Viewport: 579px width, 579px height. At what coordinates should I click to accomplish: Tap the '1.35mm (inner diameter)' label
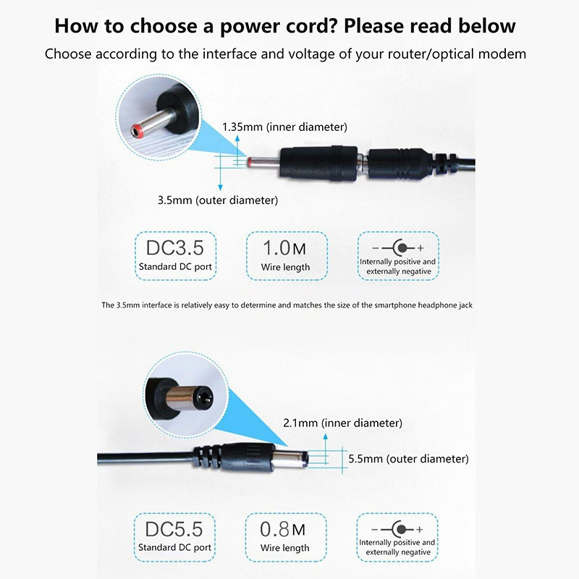284,127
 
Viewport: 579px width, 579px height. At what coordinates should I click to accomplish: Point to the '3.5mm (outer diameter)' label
218,200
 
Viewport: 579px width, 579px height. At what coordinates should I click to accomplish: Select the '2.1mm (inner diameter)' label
342,423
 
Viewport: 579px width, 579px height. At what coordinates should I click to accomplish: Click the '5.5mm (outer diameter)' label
408,459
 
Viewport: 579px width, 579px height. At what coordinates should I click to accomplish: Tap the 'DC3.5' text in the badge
175,248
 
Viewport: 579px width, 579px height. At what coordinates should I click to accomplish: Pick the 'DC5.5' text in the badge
174,529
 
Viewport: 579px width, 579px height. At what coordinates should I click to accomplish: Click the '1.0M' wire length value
284,248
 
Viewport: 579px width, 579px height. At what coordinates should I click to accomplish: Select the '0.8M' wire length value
283,529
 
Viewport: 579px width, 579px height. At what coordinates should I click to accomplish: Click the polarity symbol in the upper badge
398,248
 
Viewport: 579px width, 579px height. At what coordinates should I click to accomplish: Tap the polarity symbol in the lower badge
397,529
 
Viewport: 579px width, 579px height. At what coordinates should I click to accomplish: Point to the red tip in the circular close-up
136,130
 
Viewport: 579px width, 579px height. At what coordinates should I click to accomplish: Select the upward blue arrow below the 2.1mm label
325,448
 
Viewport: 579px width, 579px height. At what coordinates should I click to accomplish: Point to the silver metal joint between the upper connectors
363,163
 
